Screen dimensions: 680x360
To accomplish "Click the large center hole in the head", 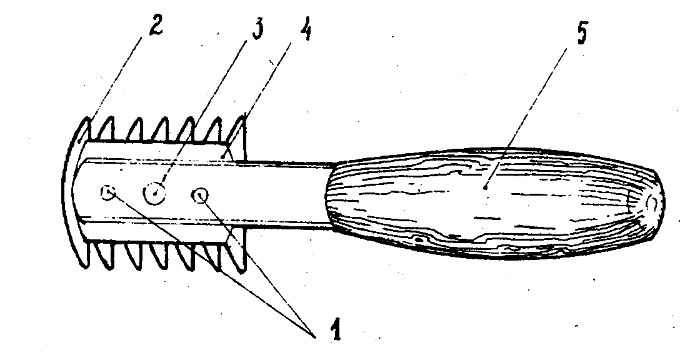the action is point(153,193).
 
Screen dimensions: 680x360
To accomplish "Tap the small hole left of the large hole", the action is point(109,194).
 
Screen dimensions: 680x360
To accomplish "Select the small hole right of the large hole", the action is point(200,196).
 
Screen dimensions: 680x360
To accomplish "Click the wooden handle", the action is point(487,200).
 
